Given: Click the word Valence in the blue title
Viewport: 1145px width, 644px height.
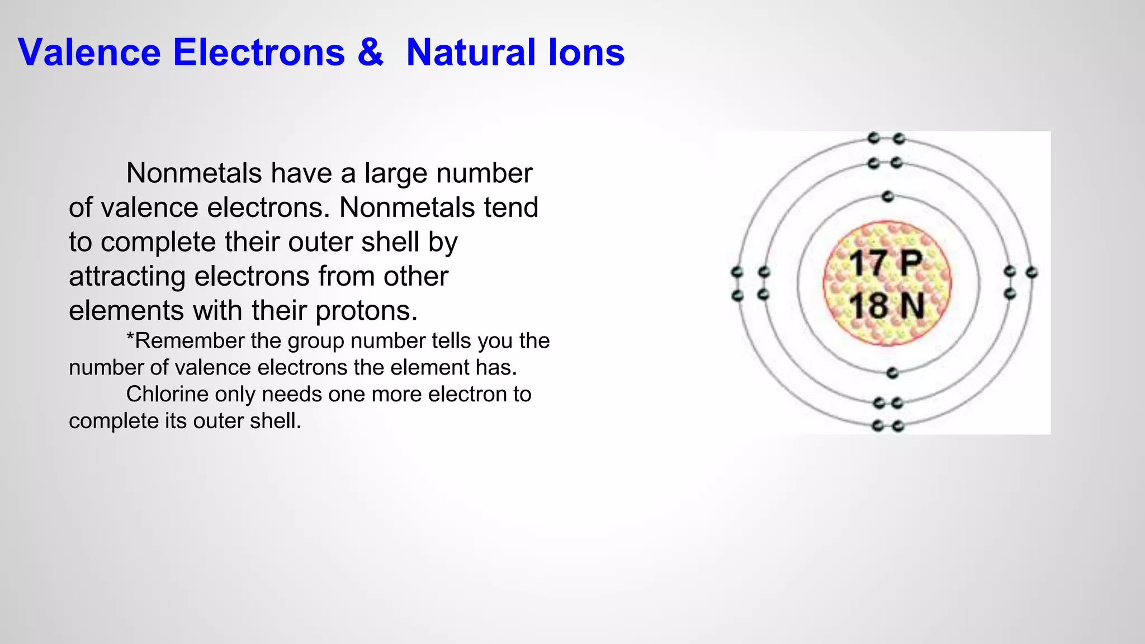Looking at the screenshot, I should [x=89, y=53].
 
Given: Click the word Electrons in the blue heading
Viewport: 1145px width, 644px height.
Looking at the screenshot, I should [x=259, y=53].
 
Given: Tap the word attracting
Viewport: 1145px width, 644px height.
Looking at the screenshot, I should [x=127, y=276].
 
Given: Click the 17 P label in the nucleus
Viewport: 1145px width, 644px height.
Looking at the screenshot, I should [x=886, y=263].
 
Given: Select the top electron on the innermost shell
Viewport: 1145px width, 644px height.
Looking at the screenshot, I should [x=887, y=197].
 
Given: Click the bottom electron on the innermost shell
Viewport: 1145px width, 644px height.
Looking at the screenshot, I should [x=892, y=373].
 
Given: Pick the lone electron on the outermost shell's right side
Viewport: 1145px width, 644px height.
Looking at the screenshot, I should [x=1032, y=273].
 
